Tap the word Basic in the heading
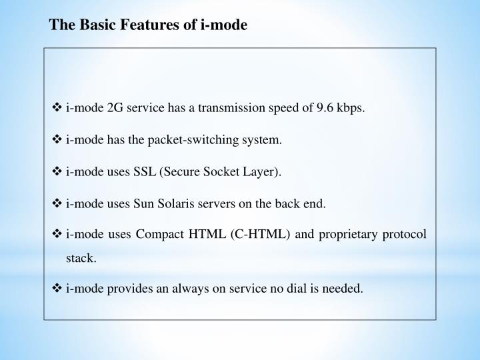(96, 26)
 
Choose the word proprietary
(341, 236)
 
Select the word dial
(293, 289)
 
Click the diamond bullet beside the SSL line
(57, 172)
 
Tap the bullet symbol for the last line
(57, 289)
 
